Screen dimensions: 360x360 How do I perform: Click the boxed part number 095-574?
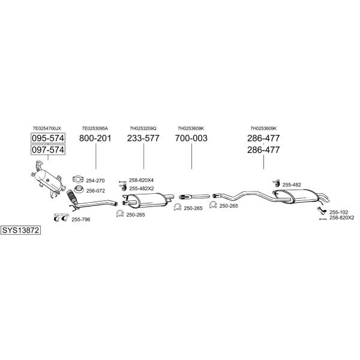[48, 138]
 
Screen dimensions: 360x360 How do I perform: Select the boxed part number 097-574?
[48, 149]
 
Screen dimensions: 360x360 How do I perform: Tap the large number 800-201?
[95, 138]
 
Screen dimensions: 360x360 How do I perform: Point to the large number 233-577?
[143, 138]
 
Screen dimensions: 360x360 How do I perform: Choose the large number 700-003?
[191, 138]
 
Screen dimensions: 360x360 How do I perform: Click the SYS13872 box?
[20, 230]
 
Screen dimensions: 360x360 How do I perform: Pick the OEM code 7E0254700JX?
[47, 128]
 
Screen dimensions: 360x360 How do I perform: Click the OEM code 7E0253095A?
[95, 128]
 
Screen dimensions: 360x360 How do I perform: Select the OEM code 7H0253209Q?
[143, 128]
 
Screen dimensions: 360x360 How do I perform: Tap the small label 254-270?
[95, 181]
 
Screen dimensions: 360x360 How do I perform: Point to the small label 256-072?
[95, 191]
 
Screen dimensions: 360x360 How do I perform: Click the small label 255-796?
[81, 220]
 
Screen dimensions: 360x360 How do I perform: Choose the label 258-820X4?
[141, 180]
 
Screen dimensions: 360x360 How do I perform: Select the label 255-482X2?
[142, 188]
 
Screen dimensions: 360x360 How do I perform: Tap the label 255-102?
[338, 212]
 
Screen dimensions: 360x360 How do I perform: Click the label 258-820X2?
[342, 218]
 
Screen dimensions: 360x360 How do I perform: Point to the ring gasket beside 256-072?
[79, 190]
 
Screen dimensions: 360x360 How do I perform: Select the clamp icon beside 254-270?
[78, 179]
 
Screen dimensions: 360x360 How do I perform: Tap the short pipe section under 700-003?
[194, 197]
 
